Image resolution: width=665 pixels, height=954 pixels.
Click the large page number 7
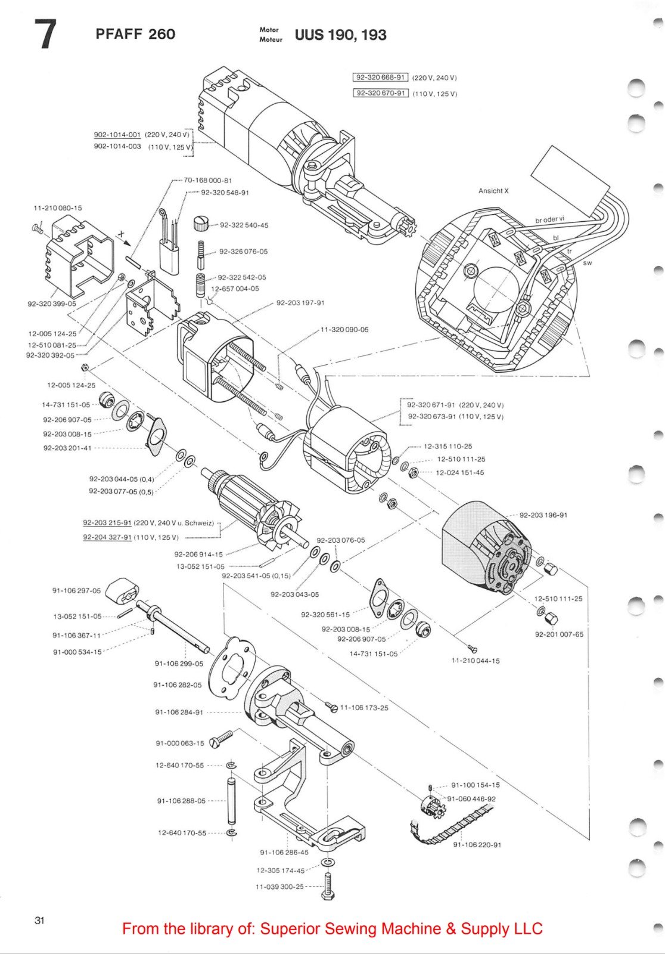[x=45, y=34]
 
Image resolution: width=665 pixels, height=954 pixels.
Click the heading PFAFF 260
[x=135, y=34]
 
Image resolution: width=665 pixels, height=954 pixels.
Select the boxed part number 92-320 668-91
[x=381, y=78]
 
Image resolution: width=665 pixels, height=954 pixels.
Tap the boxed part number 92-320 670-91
[x=381, y=93]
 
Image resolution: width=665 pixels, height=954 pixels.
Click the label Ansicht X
[x=493, y=191]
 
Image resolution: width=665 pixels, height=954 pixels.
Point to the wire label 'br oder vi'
[x=549, y=219]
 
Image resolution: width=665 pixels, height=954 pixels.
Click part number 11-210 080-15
[x=58, y=208]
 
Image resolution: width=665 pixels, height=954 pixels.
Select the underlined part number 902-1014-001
[x=117, y=135]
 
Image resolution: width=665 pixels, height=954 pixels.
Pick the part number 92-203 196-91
[x=543, y=515]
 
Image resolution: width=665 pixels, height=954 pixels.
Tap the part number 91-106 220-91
[x=477, y=844]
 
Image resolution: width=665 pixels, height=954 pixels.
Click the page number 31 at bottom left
[x=39, y=920]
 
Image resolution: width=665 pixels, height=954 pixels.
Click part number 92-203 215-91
[x=107, y=523]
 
